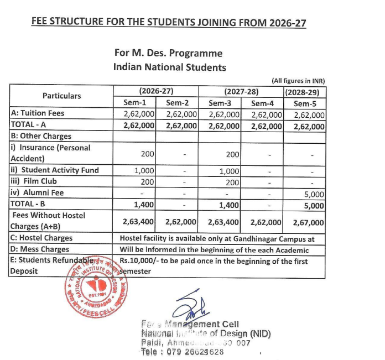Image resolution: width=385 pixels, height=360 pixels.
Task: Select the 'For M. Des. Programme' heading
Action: (168, 54)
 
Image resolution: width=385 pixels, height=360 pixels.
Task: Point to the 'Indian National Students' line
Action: (169, 67)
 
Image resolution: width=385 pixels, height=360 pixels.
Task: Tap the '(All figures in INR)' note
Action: (298, 80)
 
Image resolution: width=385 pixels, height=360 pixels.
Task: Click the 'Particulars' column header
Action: (61, 96)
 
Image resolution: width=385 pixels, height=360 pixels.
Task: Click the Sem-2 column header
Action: (177, 103)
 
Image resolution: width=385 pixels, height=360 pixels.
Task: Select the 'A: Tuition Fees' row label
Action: (38, 113)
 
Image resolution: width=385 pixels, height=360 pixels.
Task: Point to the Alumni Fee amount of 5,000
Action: (314, 194)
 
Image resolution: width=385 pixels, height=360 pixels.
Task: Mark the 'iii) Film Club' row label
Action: (34, 181)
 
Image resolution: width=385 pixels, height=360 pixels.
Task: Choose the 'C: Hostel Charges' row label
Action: (41, 238)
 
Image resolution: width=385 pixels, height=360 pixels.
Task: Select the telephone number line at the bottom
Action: (183, 352)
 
